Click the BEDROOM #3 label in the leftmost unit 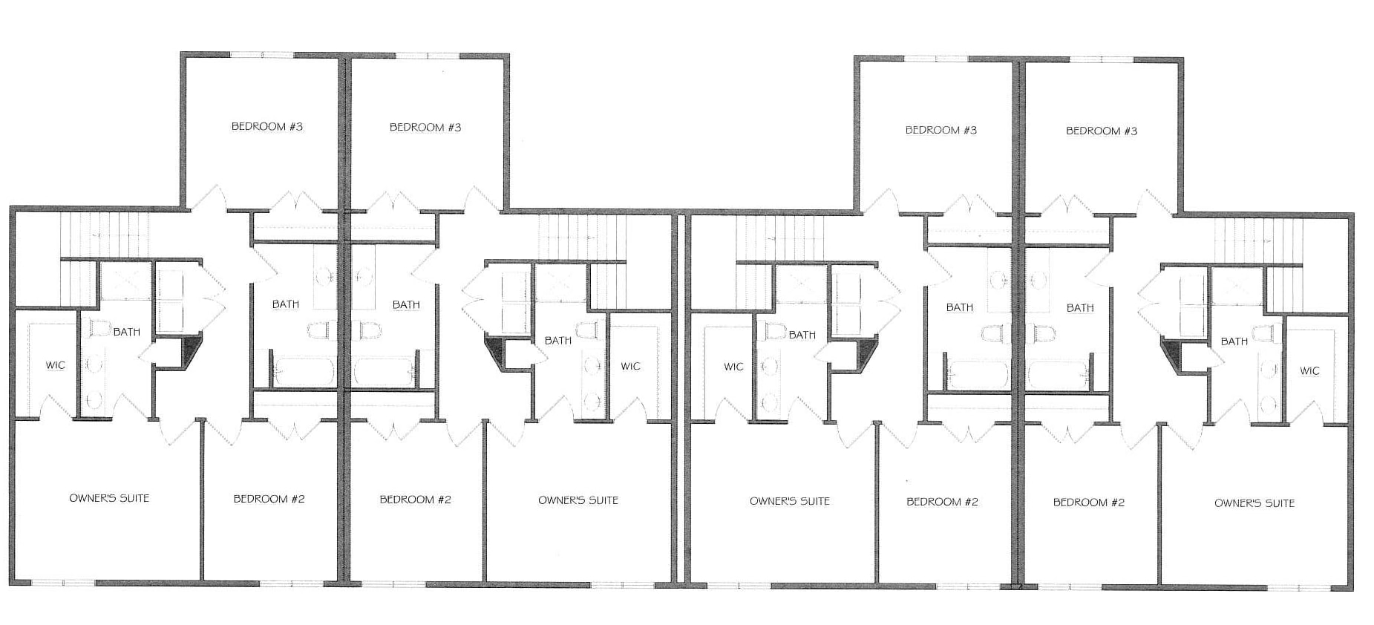tap(267, 127)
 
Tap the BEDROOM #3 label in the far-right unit tap(1102, 131)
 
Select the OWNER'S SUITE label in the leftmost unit tap(109, 499)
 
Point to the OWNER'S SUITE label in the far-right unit tap(1254, 503)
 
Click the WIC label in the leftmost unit tap(56, 365)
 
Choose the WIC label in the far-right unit tap(1310, 371)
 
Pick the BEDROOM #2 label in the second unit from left tap(416, 500)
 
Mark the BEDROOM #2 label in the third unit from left tap(943, 502)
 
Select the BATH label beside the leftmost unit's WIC tap(127, 332)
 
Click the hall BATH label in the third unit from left tap(960, 307)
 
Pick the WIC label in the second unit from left tap(631, 366)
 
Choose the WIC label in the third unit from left tap(733, 367)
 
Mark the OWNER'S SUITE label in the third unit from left tap(790, 501)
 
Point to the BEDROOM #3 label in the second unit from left tap(425, 128)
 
